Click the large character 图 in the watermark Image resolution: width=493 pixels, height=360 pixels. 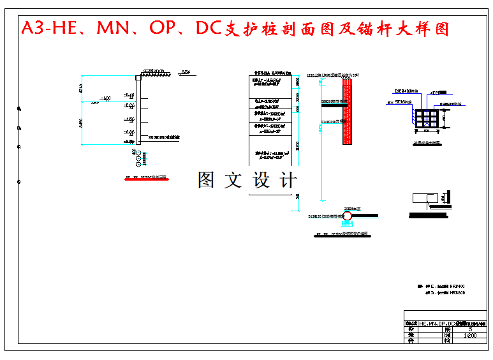pos(206,180)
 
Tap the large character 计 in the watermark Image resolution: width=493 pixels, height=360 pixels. pos(288,180)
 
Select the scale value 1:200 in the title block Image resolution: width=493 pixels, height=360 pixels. pos(470,335)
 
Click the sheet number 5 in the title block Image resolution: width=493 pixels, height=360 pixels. pos(470,329)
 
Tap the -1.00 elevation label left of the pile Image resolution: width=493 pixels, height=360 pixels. pos(105,98)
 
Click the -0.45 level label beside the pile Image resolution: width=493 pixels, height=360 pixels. pos(129,94)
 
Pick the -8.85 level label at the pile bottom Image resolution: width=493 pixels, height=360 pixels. pos(129,142)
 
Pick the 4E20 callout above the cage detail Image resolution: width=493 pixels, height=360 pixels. pos(436,93)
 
